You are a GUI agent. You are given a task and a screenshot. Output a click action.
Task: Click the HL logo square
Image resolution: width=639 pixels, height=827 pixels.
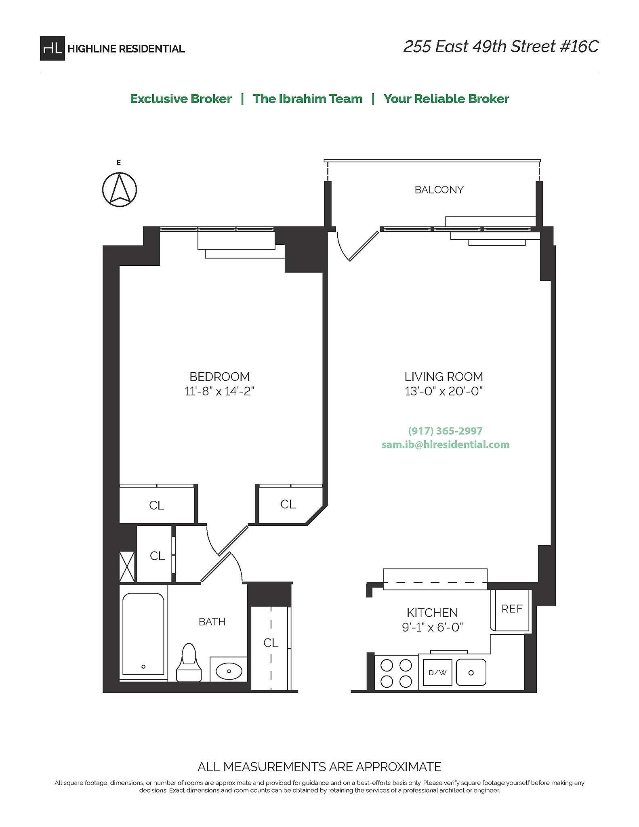point(52,48)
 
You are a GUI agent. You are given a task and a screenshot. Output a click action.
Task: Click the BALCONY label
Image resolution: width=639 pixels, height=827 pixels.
point(439,190)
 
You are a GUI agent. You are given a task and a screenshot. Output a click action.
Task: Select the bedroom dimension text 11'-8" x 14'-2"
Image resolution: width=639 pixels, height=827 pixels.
point(219,391)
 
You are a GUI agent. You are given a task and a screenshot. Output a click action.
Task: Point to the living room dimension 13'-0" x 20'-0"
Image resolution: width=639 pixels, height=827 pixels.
point(444,391)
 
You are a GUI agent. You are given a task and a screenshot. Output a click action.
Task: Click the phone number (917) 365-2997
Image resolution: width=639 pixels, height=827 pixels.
point(445,431)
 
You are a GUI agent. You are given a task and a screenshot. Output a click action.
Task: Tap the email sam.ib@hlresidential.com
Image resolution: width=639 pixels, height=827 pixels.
point(445,445)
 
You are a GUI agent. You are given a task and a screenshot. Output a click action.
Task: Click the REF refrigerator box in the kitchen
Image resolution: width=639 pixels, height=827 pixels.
point(511,609)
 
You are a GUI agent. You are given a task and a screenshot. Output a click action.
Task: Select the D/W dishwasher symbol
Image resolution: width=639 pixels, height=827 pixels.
point(437,673)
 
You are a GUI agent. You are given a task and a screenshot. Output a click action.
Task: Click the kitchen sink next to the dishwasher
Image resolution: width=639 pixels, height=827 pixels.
point(471,673)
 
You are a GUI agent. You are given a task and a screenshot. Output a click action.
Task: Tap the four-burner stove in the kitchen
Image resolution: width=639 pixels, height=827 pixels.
point(396,673)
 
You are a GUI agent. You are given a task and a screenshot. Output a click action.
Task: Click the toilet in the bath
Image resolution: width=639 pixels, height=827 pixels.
point(189,663)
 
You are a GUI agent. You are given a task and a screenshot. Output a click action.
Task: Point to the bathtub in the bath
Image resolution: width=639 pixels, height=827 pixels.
point(143,634)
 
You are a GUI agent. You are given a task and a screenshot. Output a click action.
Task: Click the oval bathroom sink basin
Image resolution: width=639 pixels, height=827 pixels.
point(229,671)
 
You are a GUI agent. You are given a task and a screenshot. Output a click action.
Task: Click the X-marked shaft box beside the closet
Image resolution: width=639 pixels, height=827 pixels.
point(127,567)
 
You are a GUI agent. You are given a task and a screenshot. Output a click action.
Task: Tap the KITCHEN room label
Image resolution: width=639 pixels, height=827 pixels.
point(432,613)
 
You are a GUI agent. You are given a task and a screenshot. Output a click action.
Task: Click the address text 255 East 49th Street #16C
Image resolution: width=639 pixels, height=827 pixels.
point(500,47)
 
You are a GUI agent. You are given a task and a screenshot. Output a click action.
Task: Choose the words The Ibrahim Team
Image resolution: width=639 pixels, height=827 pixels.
point(307,99)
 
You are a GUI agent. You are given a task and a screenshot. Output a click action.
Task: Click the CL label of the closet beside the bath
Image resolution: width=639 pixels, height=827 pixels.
point(271,643)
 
